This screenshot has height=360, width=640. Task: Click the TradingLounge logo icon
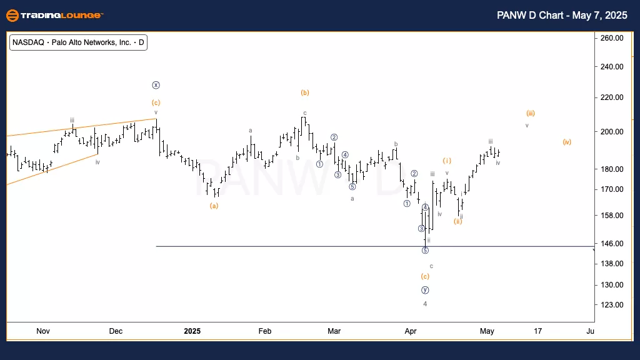(11, 14)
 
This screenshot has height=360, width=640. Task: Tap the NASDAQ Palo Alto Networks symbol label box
(78, 43)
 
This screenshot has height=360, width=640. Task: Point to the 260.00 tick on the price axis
(610, 38)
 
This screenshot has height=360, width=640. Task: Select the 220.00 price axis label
(610, 97)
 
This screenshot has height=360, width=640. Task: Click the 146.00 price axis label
(610, 243)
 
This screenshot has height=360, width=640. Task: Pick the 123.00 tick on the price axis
(610, 305)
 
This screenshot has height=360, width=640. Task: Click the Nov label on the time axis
(42, 331)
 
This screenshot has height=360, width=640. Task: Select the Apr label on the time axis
(410, 331)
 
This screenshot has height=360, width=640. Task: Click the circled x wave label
(156, 85)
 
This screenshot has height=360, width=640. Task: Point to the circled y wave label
(425, 290)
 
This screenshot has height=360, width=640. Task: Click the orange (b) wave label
(305, 92)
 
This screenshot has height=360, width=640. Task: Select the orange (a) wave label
(214, 205)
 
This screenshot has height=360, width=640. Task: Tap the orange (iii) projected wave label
(530, 113)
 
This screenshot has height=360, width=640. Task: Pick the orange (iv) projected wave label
(566, 142)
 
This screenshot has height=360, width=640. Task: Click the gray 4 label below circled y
(425, 304)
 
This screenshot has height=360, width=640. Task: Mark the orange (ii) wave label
(458, 221)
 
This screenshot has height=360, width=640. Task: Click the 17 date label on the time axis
(537, 331)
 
